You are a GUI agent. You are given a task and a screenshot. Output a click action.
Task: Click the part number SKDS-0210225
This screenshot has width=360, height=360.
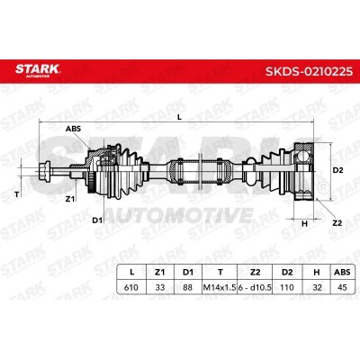pyautogui.click(x=309, y=71)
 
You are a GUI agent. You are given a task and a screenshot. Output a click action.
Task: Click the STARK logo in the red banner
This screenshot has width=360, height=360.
pyautogui.click(x=38, y=70)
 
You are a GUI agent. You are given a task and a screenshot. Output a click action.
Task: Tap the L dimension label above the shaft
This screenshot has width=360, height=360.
pyautogui.click(x=179, y=117)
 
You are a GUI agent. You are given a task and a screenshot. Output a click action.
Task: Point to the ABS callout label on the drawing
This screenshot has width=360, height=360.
pyautogui.click(x=73, y=129)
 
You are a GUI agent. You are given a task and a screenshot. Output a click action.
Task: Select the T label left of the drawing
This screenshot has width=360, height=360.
pyautogui.click(x=17, y=194)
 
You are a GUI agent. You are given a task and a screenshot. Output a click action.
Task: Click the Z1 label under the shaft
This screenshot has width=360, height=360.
pyautogui.click(x=70, y=198)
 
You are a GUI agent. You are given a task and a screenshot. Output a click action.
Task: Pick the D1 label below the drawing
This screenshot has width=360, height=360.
pyautogui.click(x=97, y=220)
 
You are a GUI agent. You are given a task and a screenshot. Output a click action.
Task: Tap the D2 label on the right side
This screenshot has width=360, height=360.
pyautogui.click(x=338, y=170)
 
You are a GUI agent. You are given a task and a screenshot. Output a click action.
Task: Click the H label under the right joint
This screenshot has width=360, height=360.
pyautogui.click(x=304, y=223)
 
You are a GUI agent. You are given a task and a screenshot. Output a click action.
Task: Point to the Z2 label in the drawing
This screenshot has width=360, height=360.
pyautogui.click(x=337, y=223)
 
